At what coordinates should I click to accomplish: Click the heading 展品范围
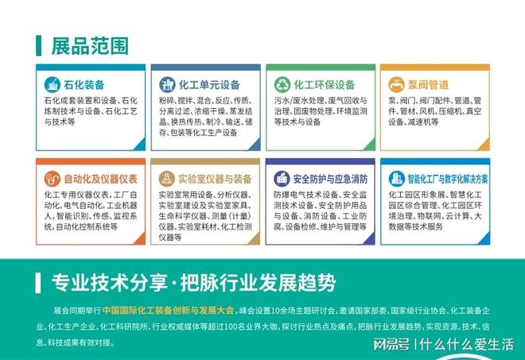pyautogui.click(x=89, y=45)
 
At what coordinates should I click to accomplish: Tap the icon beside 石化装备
pyautogui.click(x=54, y=84)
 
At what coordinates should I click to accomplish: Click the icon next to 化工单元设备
pyautogui.click(x=168, y=84)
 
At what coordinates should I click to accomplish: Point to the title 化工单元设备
pyautogui.click(x=210, y=84)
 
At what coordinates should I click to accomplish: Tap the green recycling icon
pyautogui.click(x=282, y=84)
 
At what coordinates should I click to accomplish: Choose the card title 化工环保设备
pyautogui.click(x=324, y=84)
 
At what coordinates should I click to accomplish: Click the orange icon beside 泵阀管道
pyautogui.click(x=395, y=84)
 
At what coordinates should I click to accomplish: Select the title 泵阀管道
pyautogui.click(x=430, y=84)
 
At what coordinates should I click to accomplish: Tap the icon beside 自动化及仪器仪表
pyautogui.click(x=54, y=178)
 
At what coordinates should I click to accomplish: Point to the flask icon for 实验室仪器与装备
pyautogui.click(x=168, y=178)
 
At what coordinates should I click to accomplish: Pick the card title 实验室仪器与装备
pyautogui.click(x=216, y=178)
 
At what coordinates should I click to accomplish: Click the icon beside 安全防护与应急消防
pyautogui.click(x=282, y=178)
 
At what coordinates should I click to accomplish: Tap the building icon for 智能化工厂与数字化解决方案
pyautogui.click(x=395, y=178)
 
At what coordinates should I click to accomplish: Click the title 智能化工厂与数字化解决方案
pyautogui.click(x=449, y=178)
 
